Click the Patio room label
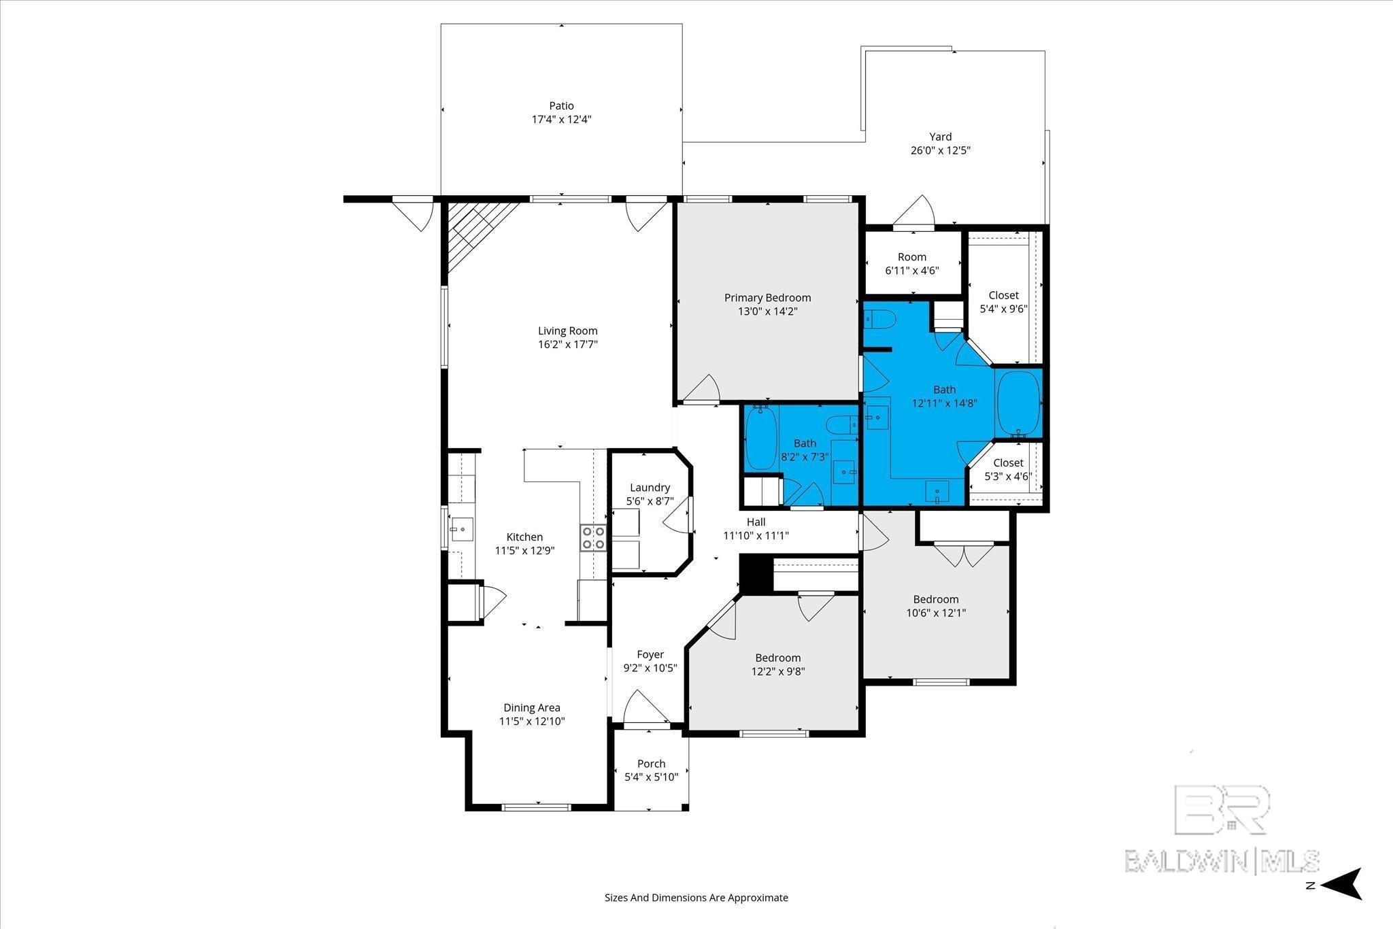tap(561, 105)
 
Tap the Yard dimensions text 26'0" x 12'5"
tap(940, 150)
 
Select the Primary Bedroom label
tap(767, 298)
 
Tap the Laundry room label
tap(650, 488)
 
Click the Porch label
tap(651, 764)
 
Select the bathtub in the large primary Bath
tap(1018, 402)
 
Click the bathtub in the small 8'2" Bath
tap(760, 438)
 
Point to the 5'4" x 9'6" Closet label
tap(1003, 295)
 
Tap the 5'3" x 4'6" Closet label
tap(1007, 463)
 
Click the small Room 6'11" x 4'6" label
tap(911, 257)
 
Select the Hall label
tap(756, 522)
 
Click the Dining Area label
tap(531, 708)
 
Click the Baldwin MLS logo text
tap(1222, 860)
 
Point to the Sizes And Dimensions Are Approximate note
tap(696, 898)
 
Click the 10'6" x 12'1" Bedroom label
tap(935, 599)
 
